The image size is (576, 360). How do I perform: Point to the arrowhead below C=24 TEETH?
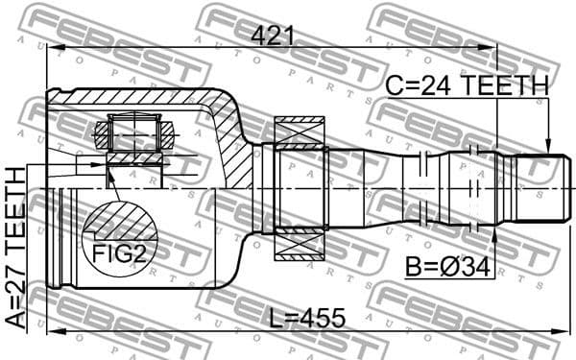tap(548, 145)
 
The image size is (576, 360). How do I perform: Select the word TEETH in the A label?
tap(16, 205)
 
